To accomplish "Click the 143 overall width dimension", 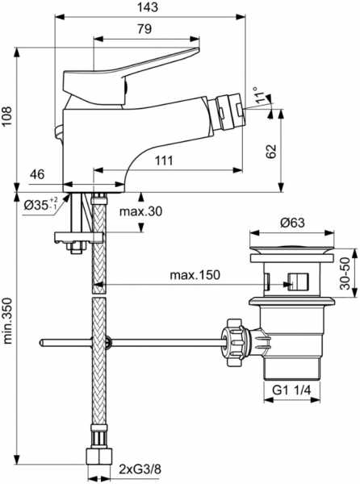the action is (148, 6).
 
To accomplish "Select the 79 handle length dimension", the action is (144, 29).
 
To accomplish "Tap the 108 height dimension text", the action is (6, 116).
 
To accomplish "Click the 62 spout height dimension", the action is (271, 152).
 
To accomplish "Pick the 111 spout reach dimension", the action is (164, 161).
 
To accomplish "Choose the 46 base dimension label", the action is (37, 174).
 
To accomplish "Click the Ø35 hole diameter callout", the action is (40, 204).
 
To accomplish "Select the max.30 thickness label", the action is (140, 211).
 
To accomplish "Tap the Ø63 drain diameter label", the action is (292, 223).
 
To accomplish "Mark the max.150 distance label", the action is (195, 275).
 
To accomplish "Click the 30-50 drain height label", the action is (345, 273).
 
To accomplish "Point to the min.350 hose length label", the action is (7, 321).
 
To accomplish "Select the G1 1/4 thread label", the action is (291, 390).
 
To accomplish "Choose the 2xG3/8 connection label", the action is (140, 469).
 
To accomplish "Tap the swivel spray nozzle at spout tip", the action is (229, 112).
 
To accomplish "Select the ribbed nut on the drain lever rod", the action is (235, 343).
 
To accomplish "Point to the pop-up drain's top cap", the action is (292, 249).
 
